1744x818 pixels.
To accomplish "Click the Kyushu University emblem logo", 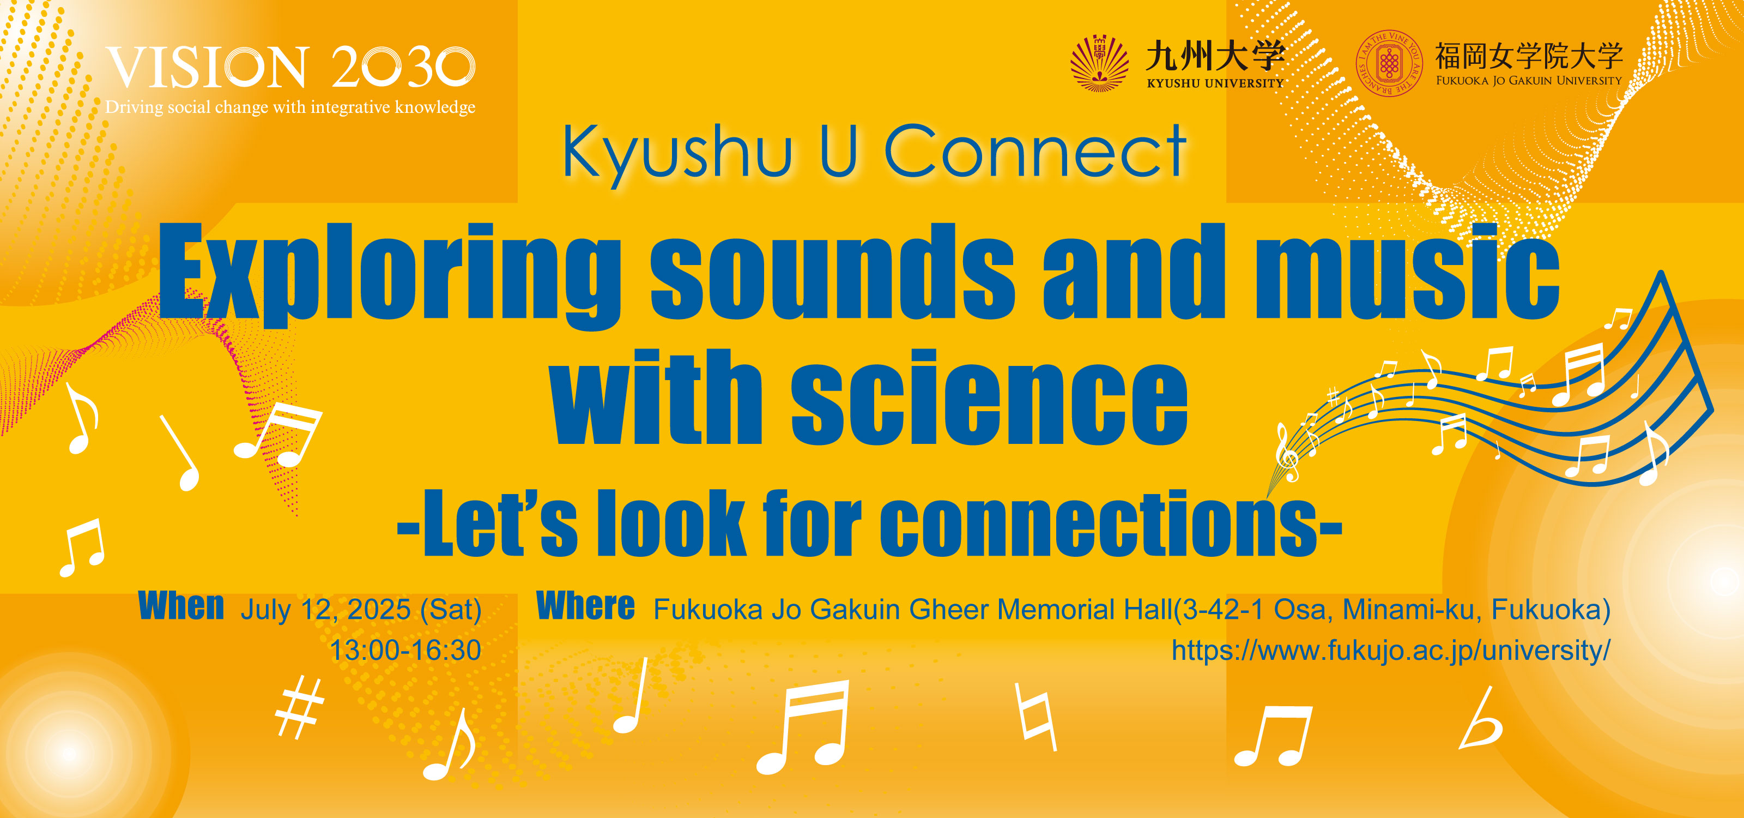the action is pos(1099,64).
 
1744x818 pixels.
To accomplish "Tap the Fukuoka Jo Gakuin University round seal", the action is pos(1389,64).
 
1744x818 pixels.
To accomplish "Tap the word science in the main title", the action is pos(989,398).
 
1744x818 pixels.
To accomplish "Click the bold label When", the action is pos(181,605).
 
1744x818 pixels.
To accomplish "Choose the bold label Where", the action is pos(586,605).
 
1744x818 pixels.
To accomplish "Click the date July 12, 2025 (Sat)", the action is pos(361,610).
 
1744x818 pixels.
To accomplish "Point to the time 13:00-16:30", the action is pos(405,650).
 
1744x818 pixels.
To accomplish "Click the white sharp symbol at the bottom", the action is pos(300,708).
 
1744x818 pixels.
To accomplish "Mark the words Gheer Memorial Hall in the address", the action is pos(1040,610).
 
